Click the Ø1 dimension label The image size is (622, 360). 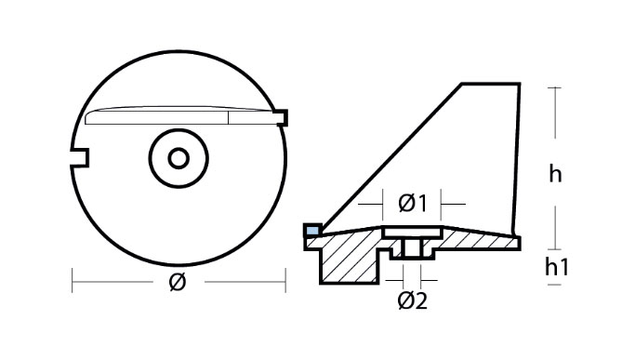pyautogui.click(x=412, y=204)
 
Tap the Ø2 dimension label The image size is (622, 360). pyautogui.click(x=412, y=300)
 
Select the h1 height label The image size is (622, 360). pyautogui.click(x=557, y=267)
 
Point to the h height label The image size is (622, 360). pyautogui.click(x=555, y=174)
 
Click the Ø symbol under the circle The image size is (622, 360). pyautogui.click(x=178, y=282)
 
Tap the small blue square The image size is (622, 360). pyautogui.click(x=312, y=231)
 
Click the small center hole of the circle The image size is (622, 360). pyautogui.click(x=179, y=158)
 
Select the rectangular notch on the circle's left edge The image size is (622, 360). pyautogui.click(x=80, y=157)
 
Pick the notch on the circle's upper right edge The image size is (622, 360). pyautogui.click(x=282, y=117)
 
